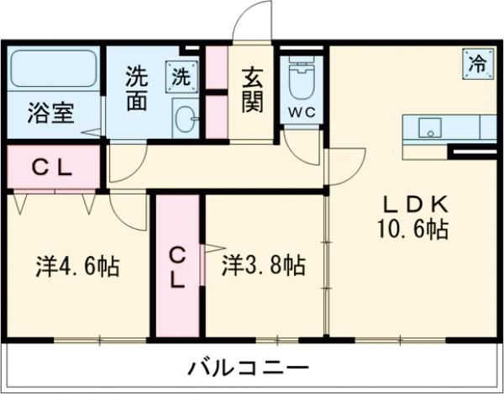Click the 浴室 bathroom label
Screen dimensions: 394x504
tap(50, 113)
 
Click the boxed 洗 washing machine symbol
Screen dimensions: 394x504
tap(182, 75)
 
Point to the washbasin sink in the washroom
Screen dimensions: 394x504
tap(185, 119)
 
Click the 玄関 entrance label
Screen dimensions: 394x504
tap(251, 89)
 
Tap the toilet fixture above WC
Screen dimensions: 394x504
tap(301, 81)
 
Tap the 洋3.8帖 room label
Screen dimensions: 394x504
tap(263, 266)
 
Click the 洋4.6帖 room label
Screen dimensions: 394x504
tap(76, 267)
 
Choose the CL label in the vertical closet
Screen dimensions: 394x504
tap(176, 266)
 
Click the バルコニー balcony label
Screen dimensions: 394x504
tap(248, 368)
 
